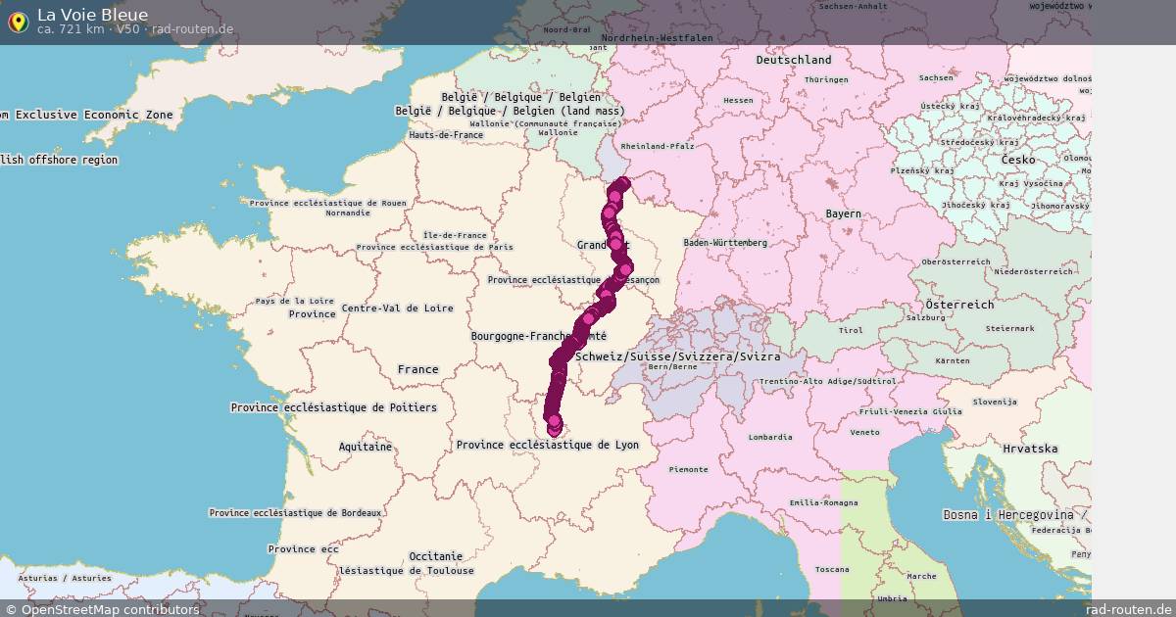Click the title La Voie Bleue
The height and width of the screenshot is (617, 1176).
coord(93,14)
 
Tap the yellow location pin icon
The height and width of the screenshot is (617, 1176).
coord(18,22)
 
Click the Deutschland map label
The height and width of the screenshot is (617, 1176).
coord(793,60)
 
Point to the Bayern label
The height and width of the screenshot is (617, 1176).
coord(843,214)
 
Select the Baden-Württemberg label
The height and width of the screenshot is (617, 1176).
coord(725,242)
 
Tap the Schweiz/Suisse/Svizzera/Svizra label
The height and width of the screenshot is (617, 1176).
coord(678,356)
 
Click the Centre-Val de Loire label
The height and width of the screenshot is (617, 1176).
coord(397,308)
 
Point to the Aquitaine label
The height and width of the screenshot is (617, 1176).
coord(366,447)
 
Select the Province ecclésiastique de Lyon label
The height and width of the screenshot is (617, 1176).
coord(547,445)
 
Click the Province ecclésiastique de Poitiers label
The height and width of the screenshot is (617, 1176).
coord(333,407)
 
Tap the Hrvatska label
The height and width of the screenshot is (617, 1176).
coord(1030,449)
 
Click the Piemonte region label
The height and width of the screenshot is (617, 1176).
coord(688,469)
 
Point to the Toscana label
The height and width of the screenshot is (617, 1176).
coord(832,569)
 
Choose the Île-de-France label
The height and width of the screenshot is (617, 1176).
coord(455,235)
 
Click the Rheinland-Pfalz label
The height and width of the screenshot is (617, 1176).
coord(658,146)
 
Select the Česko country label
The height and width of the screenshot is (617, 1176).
coord(1017,160)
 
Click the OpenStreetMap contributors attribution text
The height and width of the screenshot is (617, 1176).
coord(102,609)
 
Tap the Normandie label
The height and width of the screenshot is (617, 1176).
coord(348,213)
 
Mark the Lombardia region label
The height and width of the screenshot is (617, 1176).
coord(769,437)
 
